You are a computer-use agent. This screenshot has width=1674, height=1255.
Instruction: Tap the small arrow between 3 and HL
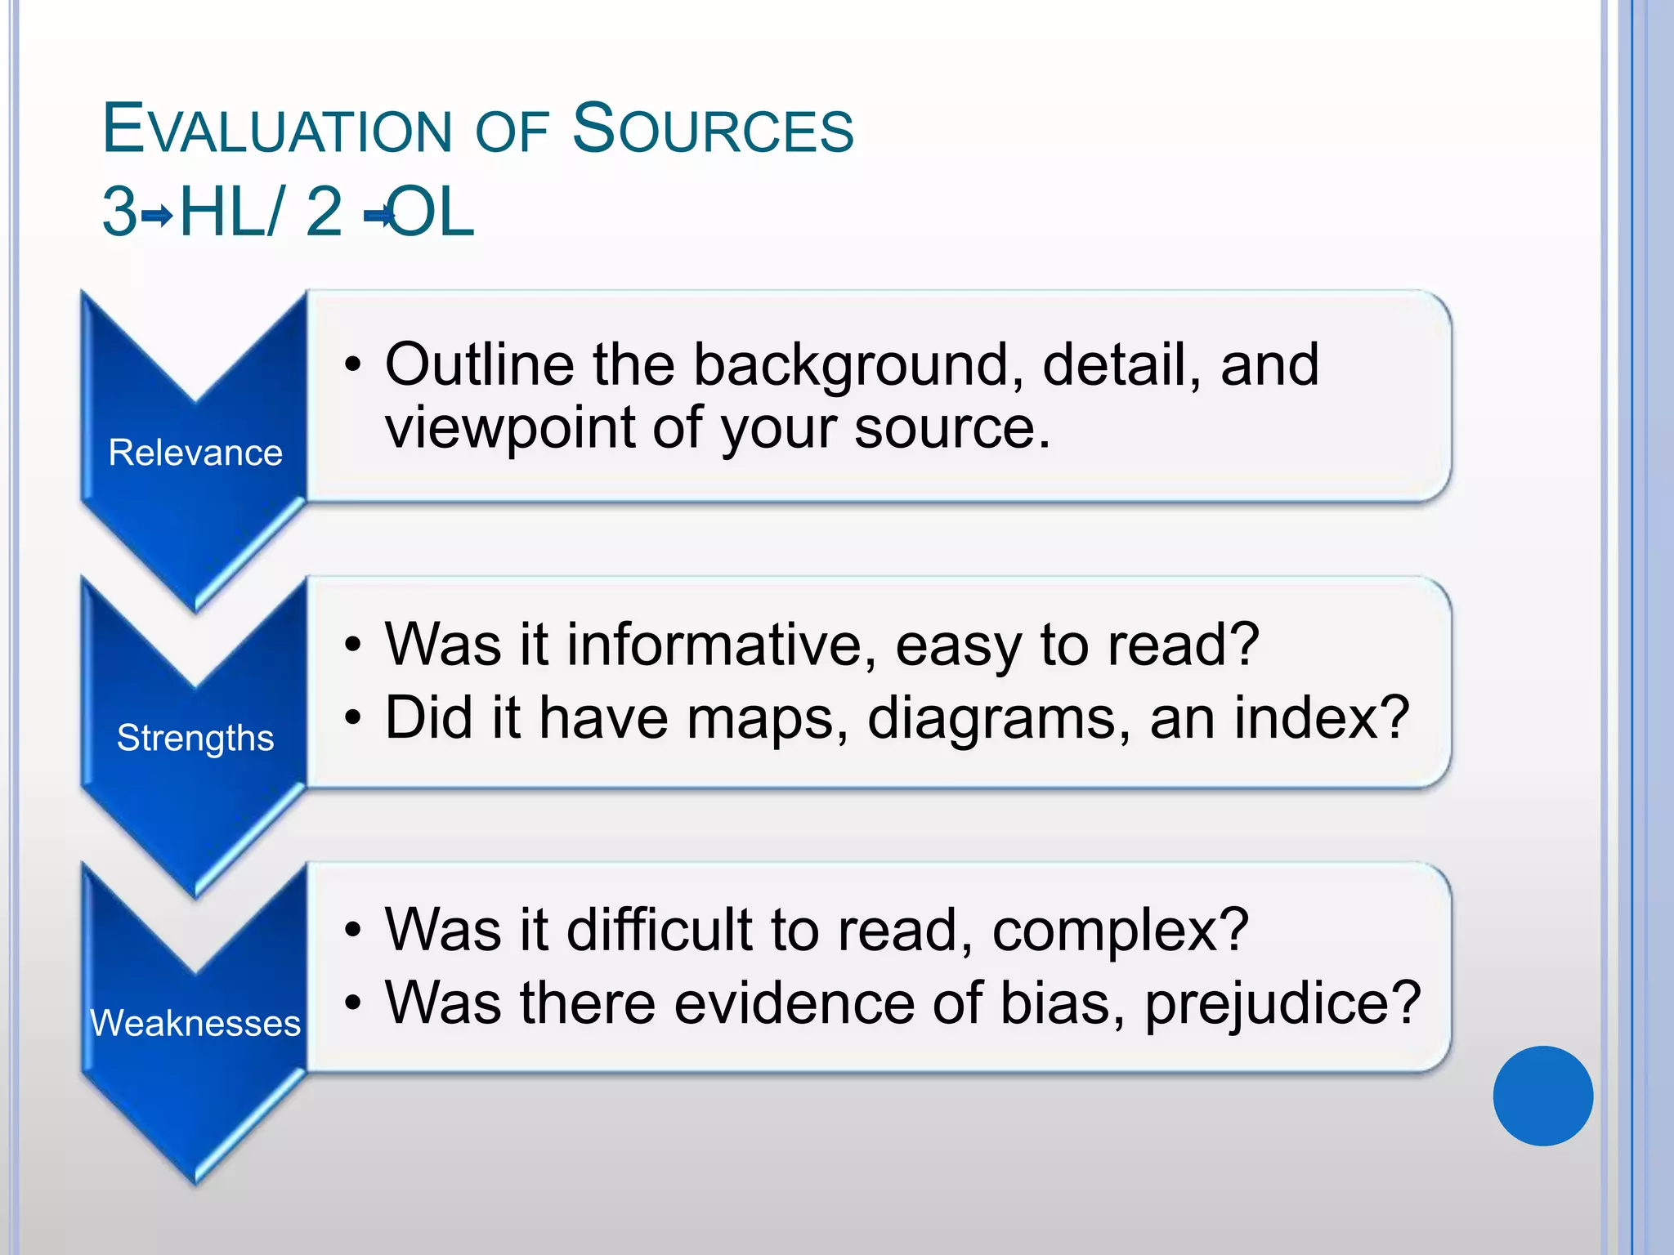(157, 217)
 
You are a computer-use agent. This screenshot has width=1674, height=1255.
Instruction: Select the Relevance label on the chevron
(195, 453)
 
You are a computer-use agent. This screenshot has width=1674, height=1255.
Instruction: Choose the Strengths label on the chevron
(195, 738)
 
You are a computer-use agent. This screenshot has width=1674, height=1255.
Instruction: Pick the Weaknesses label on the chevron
(195, 1023)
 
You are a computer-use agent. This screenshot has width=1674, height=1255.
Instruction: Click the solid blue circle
(1542, 1096)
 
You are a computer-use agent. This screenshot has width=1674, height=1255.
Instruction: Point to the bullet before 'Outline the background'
(352, 365)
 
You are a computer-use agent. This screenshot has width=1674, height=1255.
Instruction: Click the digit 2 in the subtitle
(324, 212)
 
